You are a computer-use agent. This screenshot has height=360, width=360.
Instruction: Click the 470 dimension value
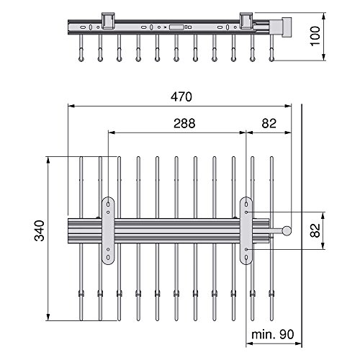(x=181, y=97)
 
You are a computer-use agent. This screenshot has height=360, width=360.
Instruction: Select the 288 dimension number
(x=184, y=123)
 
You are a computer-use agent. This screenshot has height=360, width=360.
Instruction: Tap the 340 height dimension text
(x=40, y=230)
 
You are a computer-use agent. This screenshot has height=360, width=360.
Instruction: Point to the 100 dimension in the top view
(x=315, y=36)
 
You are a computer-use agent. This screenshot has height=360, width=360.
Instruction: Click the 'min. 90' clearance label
(x=273, y=334)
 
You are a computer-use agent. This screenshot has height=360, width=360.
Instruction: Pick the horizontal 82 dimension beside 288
(x=269, y=123)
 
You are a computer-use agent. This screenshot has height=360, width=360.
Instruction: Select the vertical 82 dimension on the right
(x=315, y=230)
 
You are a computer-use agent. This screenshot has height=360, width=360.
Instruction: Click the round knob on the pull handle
(x=287, y=230)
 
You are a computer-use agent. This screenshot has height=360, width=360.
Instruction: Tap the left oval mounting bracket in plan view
(x=108, y=230)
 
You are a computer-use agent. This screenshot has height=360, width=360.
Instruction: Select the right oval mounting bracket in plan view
(x=246, y=230)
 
